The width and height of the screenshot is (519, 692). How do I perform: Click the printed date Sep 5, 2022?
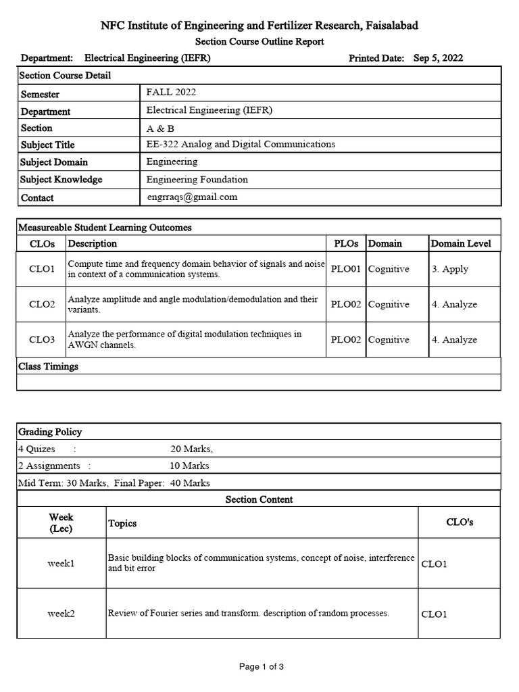pyautogui.click(x=438, y=58)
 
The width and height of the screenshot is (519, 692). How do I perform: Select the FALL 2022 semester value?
pyautogui.click(x=171, y=93)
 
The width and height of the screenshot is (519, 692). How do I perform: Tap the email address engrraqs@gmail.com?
pyautogui.click(x=192, y=197)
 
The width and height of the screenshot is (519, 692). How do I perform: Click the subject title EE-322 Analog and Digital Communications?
pyautogui.click(x=241, y=144)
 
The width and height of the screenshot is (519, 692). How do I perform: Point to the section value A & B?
pyautogui.click(x=159, y=128)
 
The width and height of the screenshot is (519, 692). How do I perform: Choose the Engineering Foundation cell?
pyautogui.click(x=197, y=179)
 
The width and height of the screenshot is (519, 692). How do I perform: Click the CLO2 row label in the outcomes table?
pyautogui.click(x=42, y=304)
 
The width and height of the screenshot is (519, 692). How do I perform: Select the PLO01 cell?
pyautogui.click(x=346, y=269)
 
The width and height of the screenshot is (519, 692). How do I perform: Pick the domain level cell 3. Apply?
pyautogui.click(x=450, y=269)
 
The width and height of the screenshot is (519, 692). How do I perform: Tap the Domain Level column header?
pyautogui.click(x=461, y=243)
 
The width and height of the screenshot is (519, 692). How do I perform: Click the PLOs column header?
pyautogui.click(x=346, y=243)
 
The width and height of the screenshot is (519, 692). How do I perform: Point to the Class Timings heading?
pyautogui.click(x=49, y=366)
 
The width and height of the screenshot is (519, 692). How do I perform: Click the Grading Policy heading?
pyautogui.click(x=50, y=432)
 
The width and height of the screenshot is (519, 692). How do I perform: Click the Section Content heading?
pyautogui.click(x=259, y=499)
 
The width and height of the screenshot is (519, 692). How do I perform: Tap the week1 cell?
pyautogui.click(x=61, y=563)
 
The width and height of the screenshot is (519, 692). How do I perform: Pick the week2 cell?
pyautogui.click(x=61, y=614)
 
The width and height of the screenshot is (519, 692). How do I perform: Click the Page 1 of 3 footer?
pyautogui.click(x=262, y=667)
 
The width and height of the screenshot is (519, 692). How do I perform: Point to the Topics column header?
pyautogui.click(x=122, y=523)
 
